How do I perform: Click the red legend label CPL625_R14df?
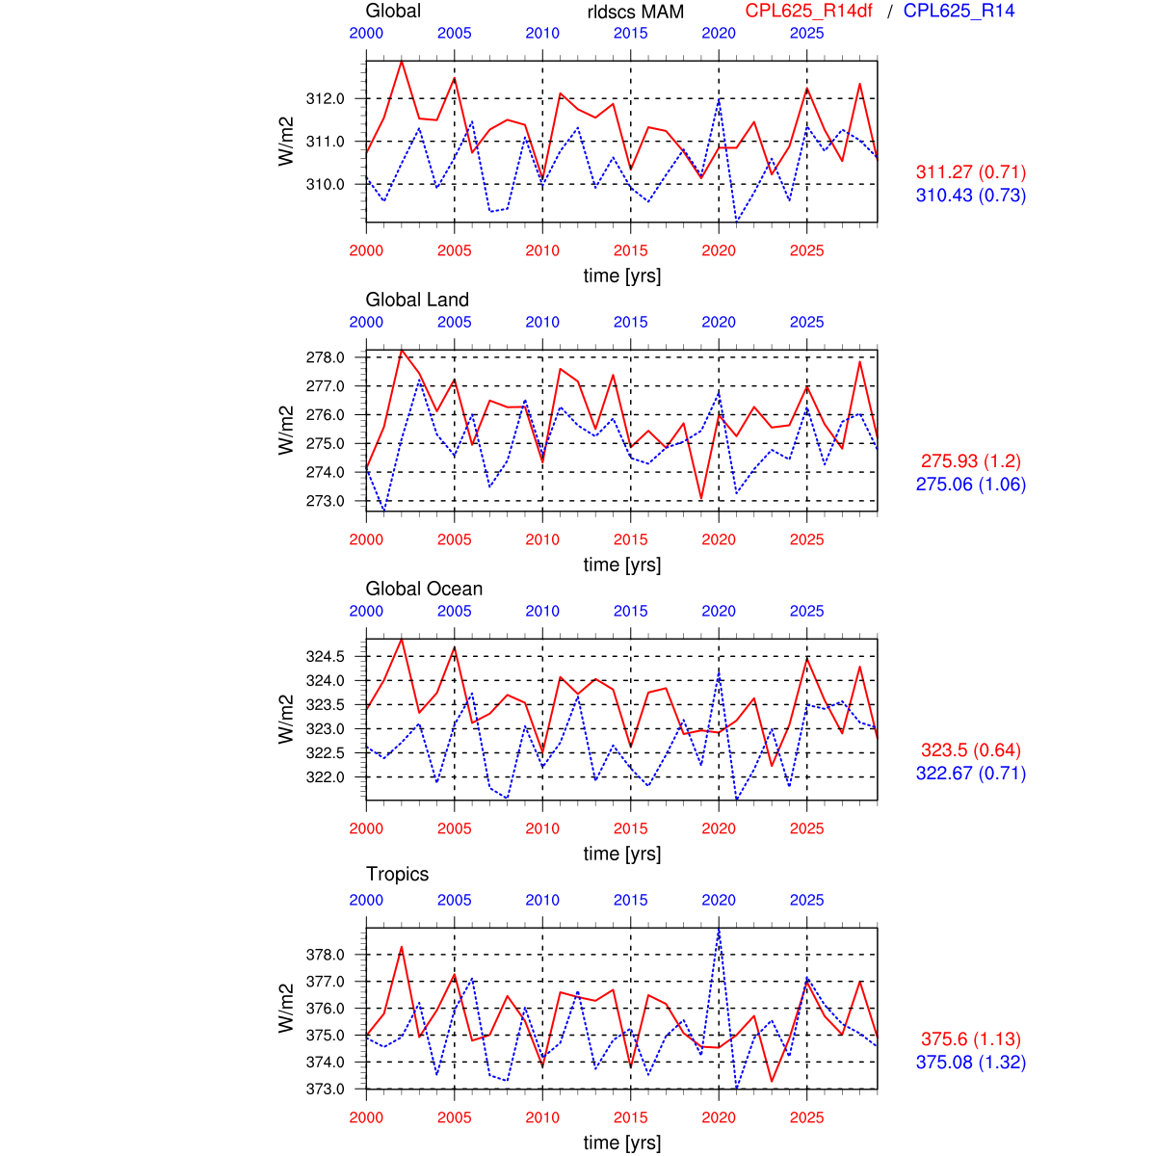(x=808, y=12)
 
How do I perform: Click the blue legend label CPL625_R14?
(x=959, y=12)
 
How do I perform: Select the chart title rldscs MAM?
(x=636, y=13)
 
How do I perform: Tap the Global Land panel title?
(x=417, y=300)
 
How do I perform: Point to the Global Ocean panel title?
(x=424, y=589)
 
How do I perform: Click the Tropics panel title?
(x=397, y=874)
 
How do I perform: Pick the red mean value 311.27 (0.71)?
(x=970, y=172)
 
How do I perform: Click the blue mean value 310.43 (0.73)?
(x=970, y=196)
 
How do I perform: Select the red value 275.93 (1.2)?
(x=970, y=461)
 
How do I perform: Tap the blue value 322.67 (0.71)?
(x=970, y=774)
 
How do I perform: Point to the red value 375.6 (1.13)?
(x=970, y=1039)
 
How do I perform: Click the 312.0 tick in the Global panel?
(x=325, y=98)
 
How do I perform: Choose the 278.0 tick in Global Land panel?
(x=325, y=357)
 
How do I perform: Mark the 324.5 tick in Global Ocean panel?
(x=325, y=656)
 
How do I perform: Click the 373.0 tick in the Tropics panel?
(x=325, y=1089)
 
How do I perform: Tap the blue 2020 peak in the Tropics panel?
(x=719, y=930)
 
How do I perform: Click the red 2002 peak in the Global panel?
(x=402, y=62)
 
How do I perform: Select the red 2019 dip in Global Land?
(x=701, y=498)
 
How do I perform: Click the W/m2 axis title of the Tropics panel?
(x=286, y=1008)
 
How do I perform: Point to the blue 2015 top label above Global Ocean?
(x=631, y=611)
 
